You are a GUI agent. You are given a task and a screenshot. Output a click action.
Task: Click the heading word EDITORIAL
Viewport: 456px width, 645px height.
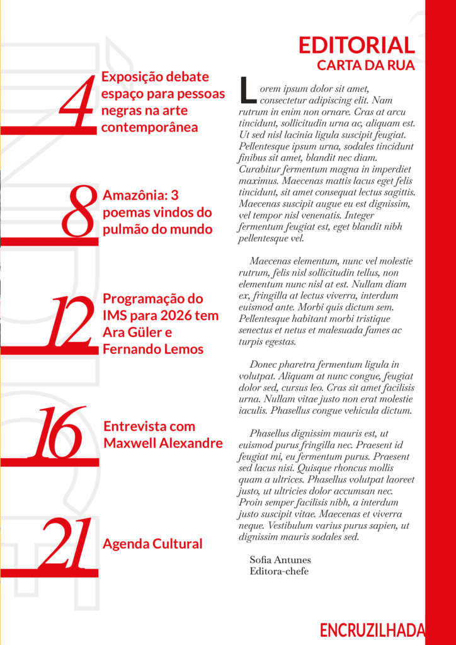(x=356, y=45)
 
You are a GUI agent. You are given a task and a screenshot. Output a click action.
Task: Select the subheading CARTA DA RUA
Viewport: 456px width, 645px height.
(x=366, y=64)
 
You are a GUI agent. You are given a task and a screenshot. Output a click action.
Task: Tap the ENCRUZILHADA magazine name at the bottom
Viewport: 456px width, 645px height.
(x=372, y=630)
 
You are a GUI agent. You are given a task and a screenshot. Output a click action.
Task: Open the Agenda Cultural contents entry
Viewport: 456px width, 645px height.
(x=152, y=544)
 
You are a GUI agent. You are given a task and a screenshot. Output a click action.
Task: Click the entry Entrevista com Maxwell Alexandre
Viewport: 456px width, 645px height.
(x=162, y=435)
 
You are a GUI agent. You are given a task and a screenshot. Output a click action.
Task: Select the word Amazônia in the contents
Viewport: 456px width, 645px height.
(x=132, y=196)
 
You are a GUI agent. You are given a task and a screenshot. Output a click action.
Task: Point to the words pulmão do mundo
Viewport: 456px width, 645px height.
(x=157, y=229)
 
